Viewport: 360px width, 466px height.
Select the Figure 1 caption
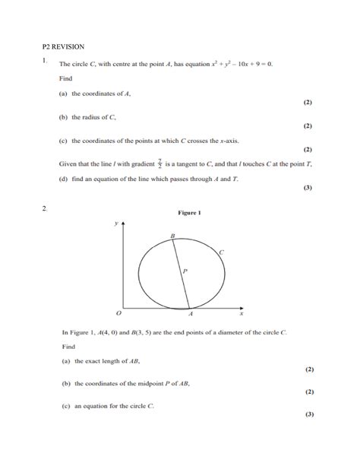click(x=189, y=213)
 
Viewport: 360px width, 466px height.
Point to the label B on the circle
click(x=172, y=237)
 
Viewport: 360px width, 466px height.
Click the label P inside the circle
click(x=185, y=270)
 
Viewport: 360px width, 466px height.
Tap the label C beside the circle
click(x=221, y=252)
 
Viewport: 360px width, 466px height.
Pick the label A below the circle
click(x=191, y=314)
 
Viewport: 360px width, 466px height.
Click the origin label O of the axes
click(x=118, y=313)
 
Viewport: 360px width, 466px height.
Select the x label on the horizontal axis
click(x=242, y=313)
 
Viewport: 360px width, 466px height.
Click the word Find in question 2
click(x=69, y=347)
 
